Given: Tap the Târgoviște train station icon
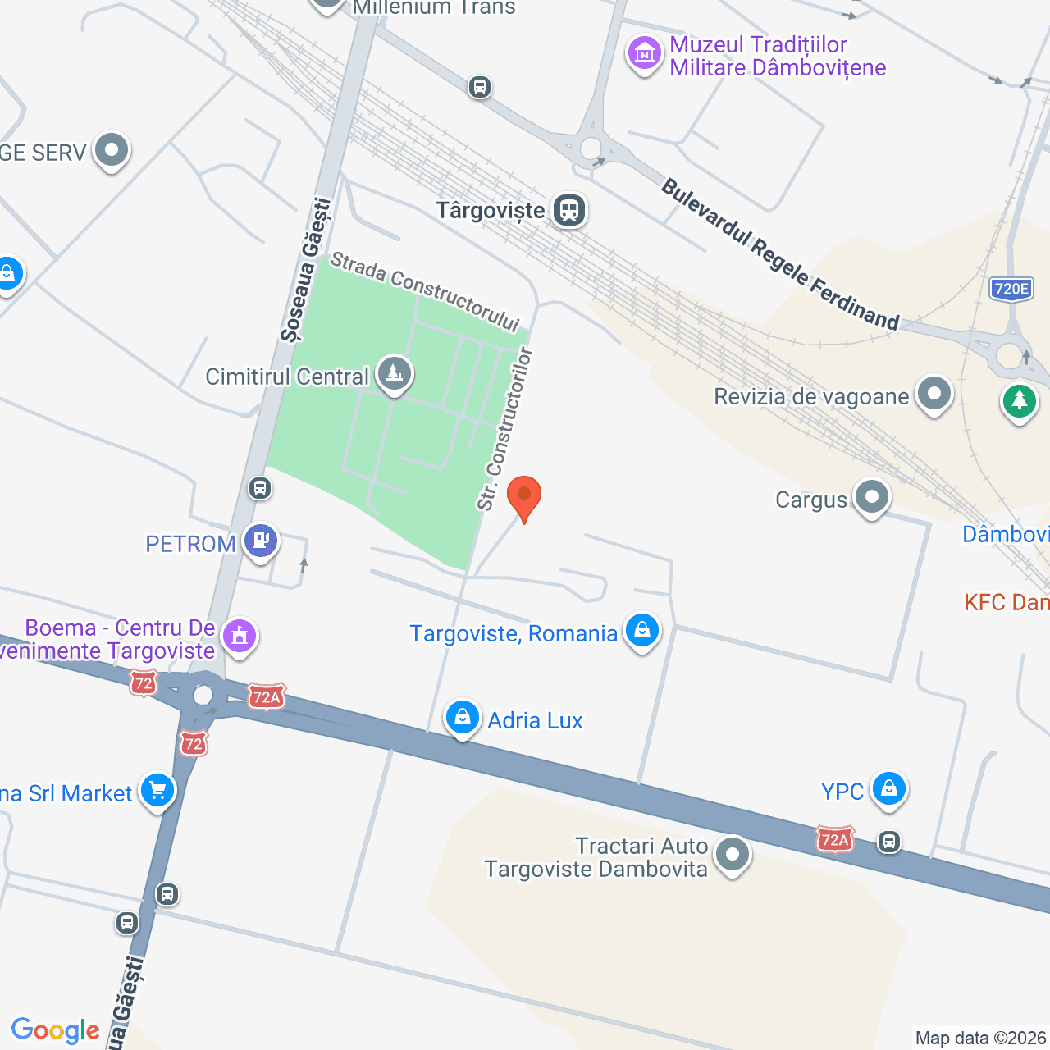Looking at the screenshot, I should coord(569,210).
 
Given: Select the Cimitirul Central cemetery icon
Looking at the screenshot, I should coord(395,375).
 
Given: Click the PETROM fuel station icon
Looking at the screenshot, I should coord(261,541).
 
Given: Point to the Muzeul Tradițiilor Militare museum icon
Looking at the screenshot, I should coord(645,54).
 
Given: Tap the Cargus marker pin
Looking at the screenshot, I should coord(871,497).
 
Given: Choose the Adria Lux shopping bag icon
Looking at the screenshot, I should coord(463,718).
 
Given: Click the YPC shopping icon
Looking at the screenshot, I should coord(888,789).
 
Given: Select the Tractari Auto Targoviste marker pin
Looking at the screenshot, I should coord(732,855).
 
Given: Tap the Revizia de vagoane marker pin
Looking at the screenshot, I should coord(934,395).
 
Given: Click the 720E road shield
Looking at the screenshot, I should coord(1011,289).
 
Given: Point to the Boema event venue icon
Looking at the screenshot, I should coord(240,636).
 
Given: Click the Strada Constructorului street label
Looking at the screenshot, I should coord(425,292).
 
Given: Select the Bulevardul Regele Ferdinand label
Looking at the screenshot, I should coord(779,254).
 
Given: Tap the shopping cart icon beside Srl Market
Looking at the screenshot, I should coord(157,791).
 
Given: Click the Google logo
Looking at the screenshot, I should coord(56,1030).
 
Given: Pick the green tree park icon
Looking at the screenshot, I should coord(1019,401).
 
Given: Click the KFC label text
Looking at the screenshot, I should coord(1006,603).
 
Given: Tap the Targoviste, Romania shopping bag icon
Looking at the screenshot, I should coord(642,631).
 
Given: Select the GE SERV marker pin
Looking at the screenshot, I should coord(111,150).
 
